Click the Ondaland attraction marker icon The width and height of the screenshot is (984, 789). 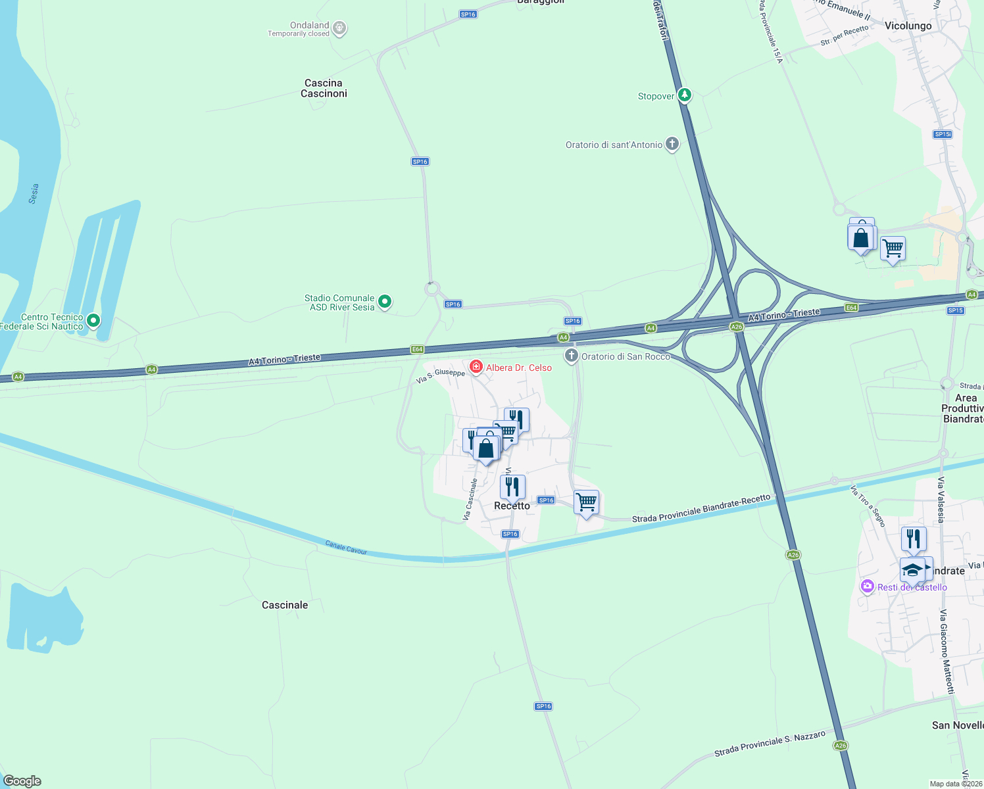coord(339,28)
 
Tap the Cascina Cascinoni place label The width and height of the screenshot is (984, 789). coord(324,88)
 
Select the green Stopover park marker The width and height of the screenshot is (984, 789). coord(685,95)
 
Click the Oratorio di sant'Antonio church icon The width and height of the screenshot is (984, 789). coord(672,144)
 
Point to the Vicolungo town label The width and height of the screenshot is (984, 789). coord(908,26)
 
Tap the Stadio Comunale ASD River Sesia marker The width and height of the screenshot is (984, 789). coord(385,302)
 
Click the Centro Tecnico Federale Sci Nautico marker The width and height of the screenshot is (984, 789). coord(93,320)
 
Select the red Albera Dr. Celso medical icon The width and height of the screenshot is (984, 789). coord(476,367)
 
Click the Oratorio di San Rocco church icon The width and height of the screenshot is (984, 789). coord(572,356)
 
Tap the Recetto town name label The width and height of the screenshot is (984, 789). coord(512,506)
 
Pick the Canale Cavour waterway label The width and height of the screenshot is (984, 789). coord(346,547)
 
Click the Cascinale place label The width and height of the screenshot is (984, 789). coord(285,605)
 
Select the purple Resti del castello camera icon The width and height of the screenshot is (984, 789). coord(868,586)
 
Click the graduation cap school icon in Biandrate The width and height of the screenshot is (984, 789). coord(912,569)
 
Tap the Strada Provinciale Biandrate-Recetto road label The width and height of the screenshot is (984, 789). coord(701,509)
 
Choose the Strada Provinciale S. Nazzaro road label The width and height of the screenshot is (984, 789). coord(770,744)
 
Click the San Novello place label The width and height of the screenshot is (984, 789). coord(957,725)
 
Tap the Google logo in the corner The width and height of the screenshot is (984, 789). coord(22,780)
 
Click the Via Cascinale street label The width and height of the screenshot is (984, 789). coord(470,499)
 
